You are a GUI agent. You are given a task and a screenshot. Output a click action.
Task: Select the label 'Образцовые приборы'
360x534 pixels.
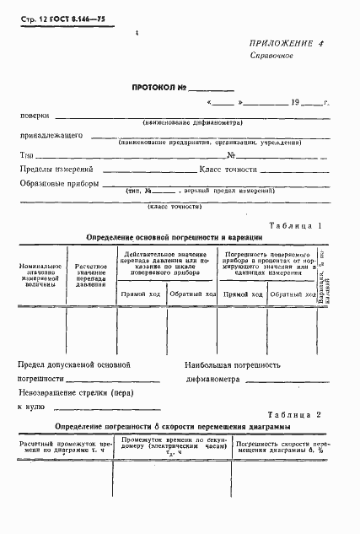(56, 183)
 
